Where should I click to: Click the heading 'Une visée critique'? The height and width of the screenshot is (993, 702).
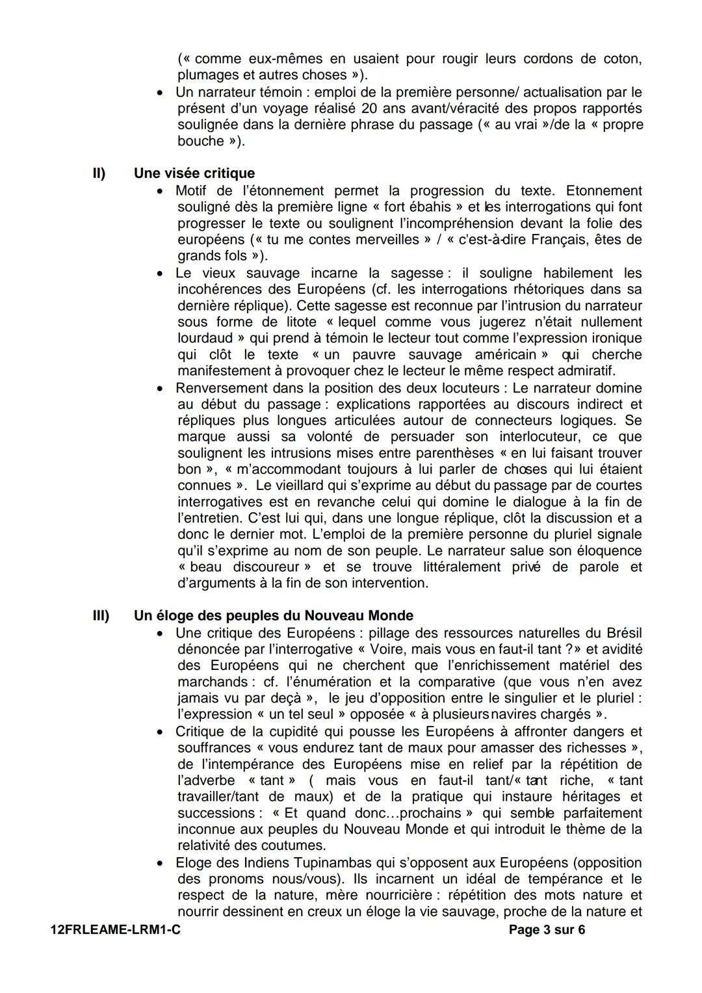(194, 174)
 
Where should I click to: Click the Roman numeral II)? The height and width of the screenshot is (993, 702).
(99, 174)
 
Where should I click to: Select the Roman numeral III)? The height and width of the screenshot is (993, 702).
(101, 615)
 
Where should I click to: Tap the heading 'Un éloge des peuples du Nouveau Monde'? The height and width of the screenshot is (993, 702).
(273, 615)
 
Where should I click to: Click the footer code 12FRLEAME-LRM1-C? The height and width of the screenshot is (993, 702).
(115, 930)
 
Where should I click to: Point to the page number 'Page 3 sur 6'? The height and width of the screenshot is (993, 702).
(547, 930)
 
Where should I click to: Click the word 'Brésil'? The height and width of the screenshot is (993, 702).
(624, 632)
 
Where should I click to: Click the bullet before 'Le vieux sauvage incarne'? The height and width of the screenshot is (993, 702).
(160, 274)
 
